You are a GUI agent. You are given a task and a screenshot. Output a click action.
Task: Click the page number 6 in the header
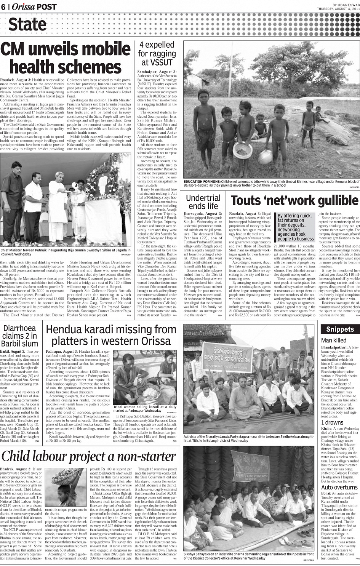[3, 7]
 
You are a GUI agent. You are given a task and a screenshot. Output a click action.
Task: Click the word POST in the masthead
[47, 7]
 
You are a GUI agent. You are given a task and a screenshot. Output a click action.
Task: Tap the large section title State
[27, 24]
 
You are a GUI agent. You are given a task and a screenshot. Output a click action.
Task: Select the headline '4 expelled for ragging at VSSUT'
[157, 54]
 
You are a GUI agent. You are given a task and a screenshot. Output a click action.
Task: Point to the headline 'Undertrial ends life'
[203, 202]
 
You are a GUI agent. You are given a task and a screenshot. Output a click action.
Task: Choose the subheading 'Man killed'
[334, 340]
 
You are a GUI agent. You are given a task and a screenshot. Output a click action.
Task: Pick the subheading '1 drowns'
[332, 422]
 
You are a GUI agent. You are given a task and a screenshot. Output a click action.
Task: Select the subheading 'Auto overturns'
[339, 487]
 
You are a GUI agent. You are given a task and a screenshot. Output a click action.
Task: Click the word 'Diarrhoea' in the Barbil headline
[19, 328]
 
